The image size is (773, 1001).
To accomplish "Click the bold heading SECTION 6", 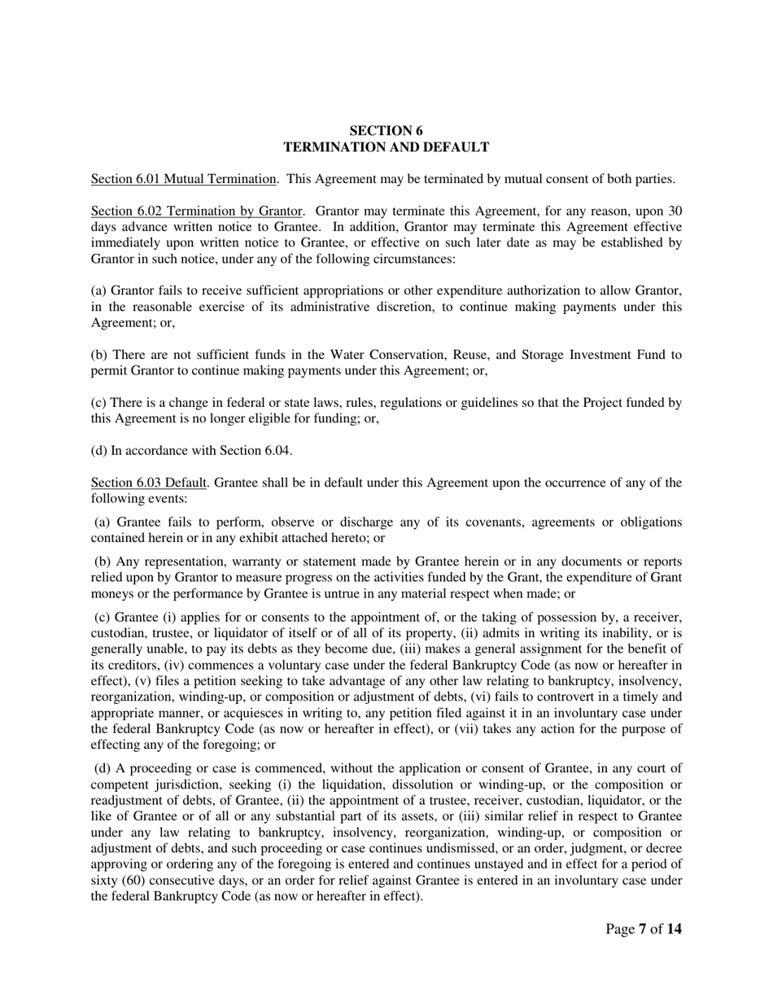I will pyautogui.click(x=386, y=130).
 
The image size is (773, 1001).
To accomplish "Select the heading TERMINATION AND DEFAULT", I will pyautogui.click(x=386, y=147).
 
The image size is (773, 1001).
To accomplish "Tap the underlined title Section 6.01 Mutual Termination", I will pyautogui.click(x=183, y=179).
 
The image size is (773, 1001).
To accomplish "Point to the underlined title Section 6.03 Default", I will pyautogui.click(x=147, y=483).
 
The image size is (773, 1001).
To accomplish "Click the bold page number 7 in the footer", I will pyautogui.click(x=642, y=929).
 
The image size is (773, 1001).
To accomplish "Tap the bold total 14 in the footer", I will pyautogui.click(x=674, y=929).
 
